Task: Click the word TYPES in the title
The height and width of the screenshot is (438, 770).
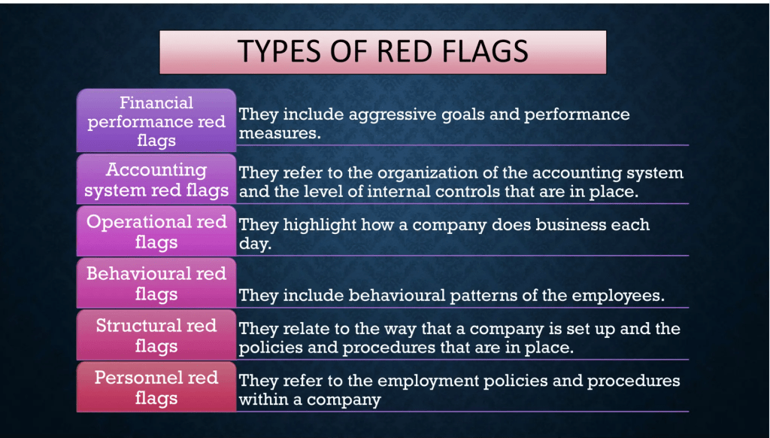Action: (x=279, y=51)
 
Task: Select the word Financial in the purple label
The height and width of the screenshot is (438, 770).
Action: (x=156, y=103)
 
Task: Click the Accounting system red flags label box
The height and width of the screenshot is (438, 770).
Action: (x=156, y=179)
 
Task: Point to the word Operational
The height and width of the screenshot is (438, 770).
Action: (x=139, y=222)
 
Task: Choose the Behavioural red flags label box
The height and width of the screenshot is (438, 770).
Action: (x=156, y=283)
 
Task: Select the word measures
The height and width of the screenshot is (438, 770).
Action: (x=280, y=133)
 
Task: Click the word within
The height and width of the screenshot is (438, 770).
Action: (x=264, y=399)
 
